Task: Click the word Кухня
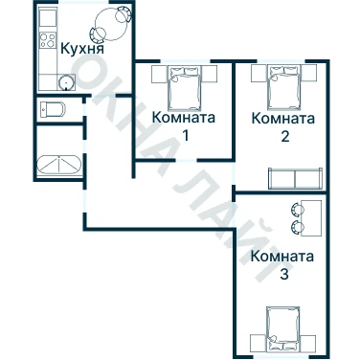pyautogui.click(x=82, y=49)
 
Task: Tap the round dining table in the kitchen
pyautogui.click(x=111, y=24)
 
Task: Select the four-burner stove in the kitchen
pyautogui.click(x=48, y=40)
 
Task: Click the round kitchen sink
pyautogui.click(x=65, y=82)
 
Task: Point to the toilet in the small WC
pyautogui.click(x=53, y=109)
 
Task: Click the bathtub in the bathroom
pyautogui.click(x=59, y=165)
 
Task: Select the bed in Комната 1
pyautogui.click(x=185, y=87)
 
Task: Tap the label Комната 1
pyautogui.click(x=184, y=126)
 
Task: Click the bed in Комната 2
pyautogui.click(x=284, y=87)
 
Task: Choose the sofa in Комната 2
pyautogui.click(x=295, y=178)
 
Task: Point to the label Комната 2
pyautogui.click(x=283, y=126)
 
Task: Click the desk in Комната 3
pyautogui.click(x=311, y=218)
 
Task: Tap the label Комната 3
pyautogui.click(x=282, y=265)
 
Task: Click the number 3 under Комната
pyautogui.click(x=284, y=274)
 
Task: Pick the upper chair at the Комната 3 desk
pyautogui.click(x=298, y=210)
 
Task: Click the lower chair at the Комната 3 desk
pyautogui.click(x=298, y=227)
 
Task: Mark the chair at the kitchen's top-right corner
pyautogui.click(x=123, y=14)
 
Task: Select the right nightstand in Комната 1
pyautogui.click(x=210, y=74)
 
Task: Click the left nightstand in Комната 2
pyautogui.click(x=259, y=74)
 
